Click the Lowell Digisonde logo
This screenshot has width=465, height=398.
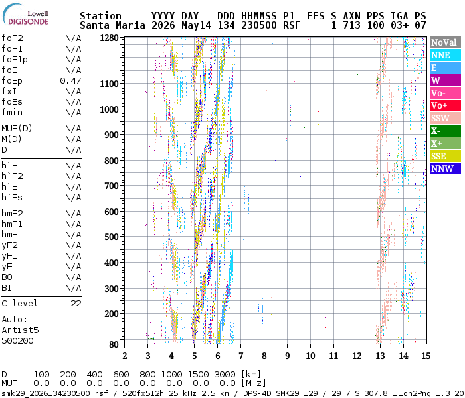click(x=25, y=15)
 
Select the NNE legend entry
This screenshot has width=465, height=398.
click(x=446, y=55)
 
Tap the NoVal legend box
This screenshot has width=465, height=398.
click(x=446, y=42)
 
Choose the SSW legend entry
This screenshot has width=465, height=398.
click(x=446, y=118)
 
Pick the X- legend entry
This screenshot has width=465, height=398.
click(x=446, y=131)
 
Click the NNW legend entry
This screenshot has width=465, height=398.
click(x=446, y=168)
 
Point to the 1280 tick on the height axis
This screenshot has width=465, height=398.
click(x=109, y=38)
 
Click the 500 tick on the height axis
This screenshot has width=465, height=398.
click(x=112, y=237)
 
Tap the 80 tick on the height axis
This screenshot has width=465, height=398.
click(x=114, y=344)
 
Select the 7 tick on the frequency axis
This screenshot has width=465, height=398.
click(x=240, y=356)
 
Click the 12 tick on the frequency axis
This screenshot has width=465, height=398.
click(x=357, y=356)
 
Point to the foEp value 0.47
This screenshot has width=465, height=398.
click(x=70, y=80)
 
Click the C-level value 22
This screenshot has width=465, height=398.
click(x=76, y=304)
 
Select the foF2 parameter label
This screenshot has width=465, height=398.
click(x=12, y=38)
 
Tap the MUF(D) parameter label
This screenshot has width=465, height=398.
click(x=17, y=129)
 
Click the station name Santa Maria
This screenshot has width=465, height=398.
click(x=112, y=25)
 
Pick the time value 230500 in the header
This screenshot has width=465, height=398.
click(x=259, y=25)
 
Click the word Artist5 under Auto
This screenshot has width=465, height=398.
click(x=20, y=330)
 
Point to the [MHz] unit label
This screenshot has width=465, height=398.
click(x=254, y=383)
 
